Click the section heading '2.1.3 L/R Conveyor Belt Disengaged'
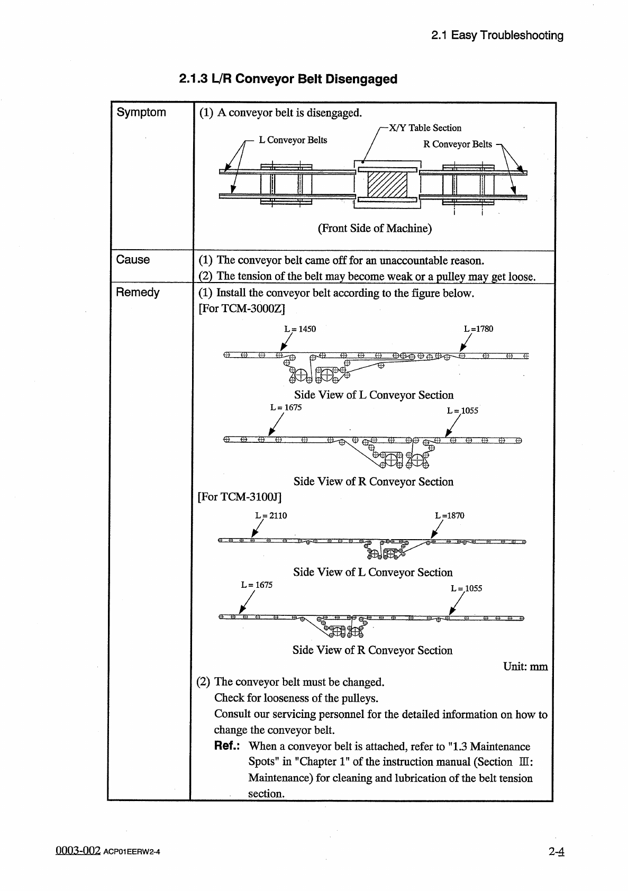[288, 79]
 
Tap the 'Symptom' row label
[141, 112]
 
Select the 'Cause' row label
[133, 260]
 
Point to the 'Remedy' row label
[138, 293]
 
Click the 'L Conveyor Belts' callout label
[293, 140]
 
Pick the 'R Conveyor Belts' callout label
[457, 144]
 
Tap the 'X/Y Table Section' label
[425, 128]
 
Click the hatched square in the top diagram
[387, 185]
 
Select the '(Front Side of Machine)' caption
[375, 229]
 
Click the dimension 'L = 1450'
[300, 329]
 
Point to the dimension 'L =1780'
[478, 329]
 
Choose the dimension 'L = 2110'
[271, 516]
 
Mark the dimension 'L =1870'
[449, 516]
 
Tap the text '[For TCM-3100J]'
[239, 497]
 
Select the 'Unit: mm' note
[525, 667]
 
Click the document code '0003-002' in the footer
[78, 851]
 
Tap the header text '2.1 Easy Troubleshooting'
[497, 35]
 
